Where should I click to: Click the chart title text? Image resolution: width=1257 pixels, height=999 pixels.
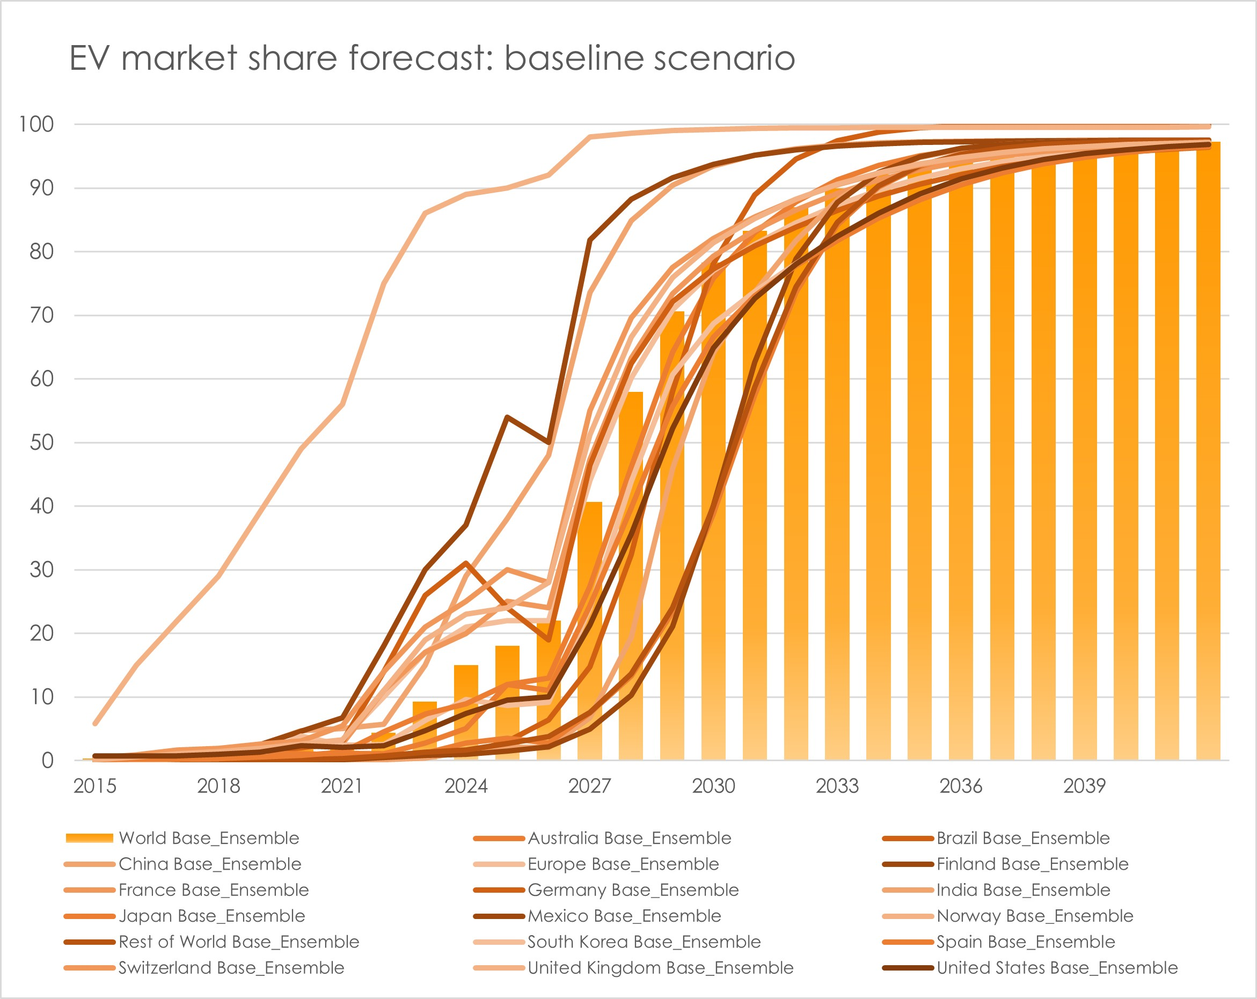point(432,59)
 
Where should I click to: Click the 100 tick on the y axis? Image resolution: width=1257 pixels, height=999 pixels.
point(36,124)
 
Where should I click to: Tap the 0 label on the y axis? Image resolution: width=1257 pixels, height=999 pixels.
point(47,761)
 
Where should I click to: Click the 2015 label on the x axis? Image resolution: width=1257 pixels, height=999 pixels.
point(95,786)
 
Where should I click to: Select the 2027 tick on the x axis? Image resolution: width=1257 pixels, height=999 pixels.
point(589,786)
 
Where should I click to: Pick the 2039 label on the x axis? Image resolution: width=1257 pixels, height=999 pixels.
point(1084,786)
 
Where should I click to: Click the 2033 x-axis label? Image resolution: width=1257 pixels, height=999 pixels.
point(837,786)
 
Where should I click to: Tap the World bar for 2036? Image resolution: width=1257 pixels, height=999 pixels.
point(960,466)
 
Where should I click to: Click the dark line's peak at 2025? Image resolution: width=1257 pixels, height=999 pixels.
point(507,417)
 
